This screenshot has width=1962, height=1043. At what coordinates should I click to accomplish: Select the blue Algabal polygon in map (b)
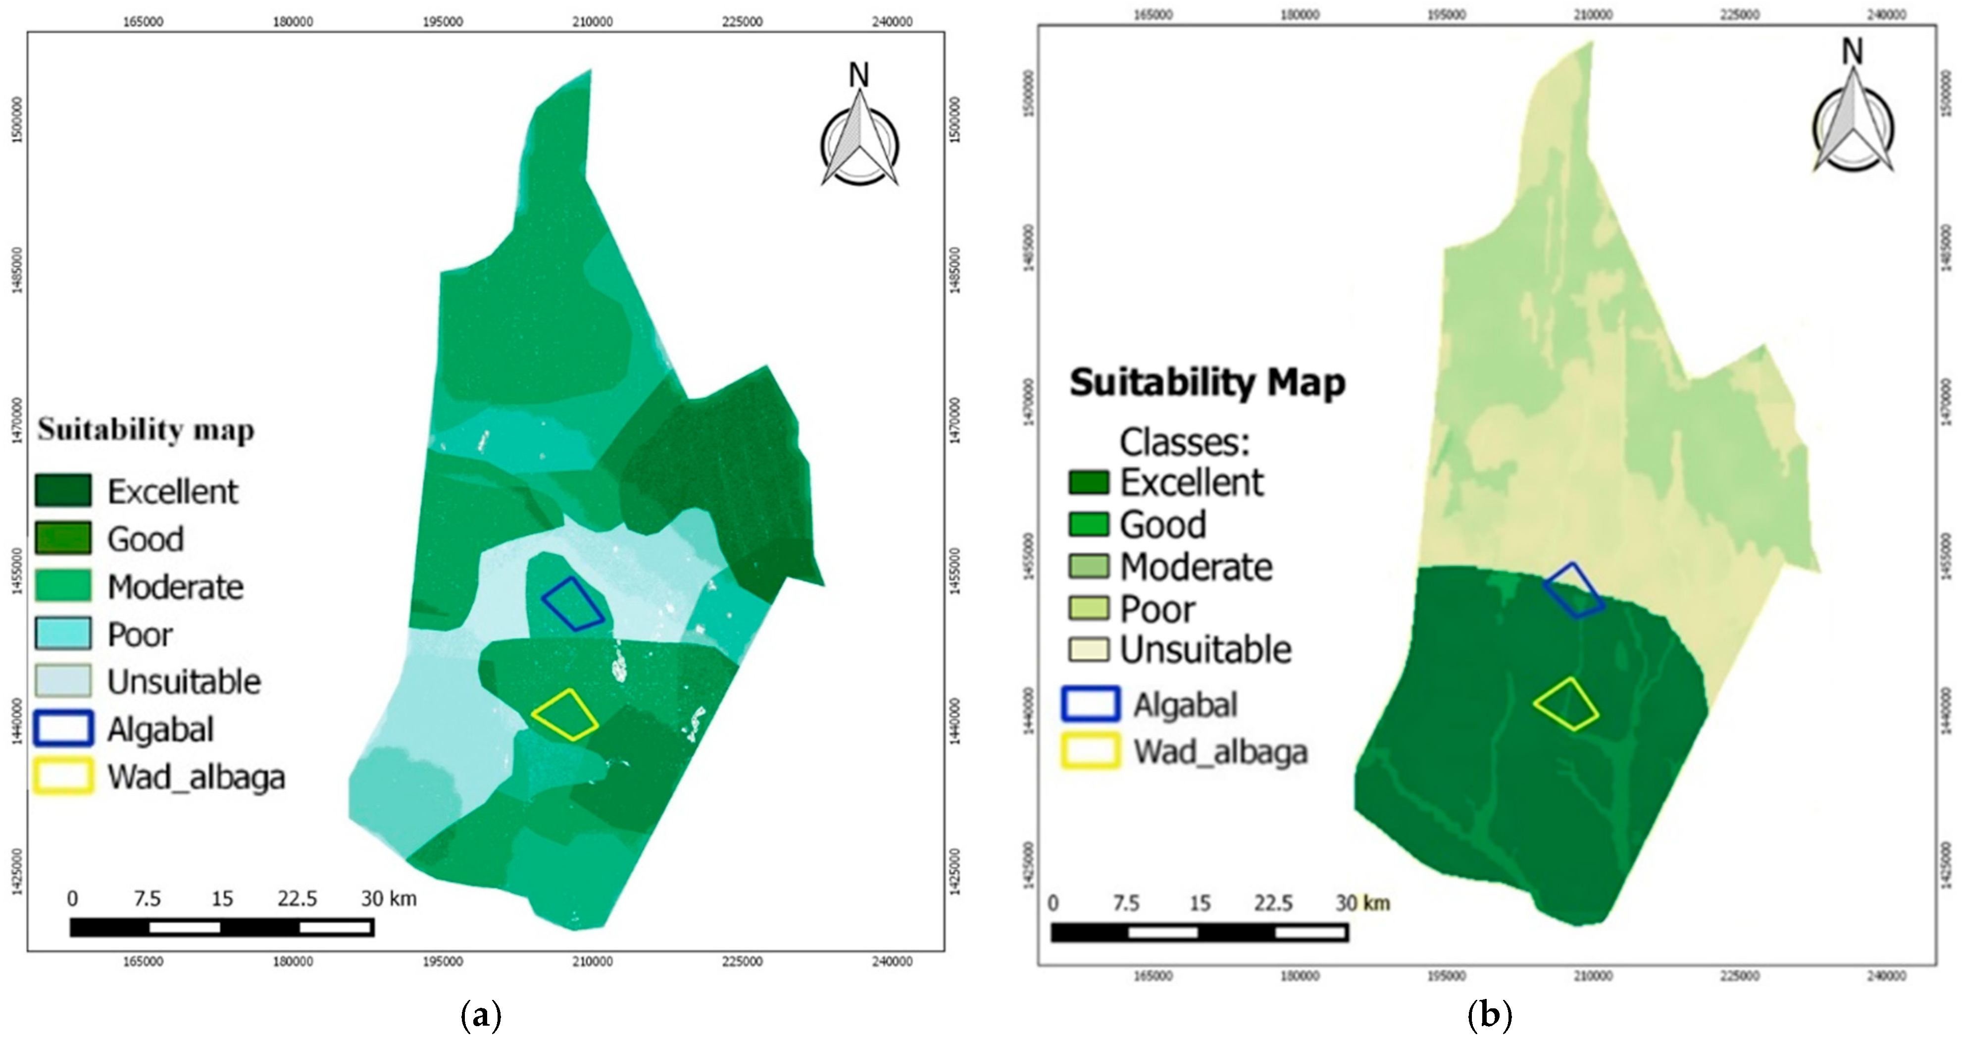point(1573,590)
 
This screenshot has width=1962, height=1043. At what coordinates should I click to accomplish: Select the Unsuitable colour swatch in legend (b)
point(1089,650)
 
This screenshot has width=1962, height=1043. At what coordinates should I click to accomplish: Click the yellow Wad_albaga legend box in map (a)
point(63,777)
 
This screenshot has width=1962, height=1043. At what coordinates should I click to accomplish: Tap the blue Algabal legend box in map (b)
point(1091,704)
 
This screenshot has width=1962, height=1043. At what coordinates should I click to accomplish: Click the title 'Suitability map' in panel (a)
point(146,430)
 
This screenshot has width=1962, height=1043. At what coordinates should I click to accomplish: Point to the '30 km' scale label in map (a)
point(389,899)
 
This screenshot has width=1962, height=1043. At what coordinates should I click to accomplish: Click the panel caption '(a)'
point(481,1016)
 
